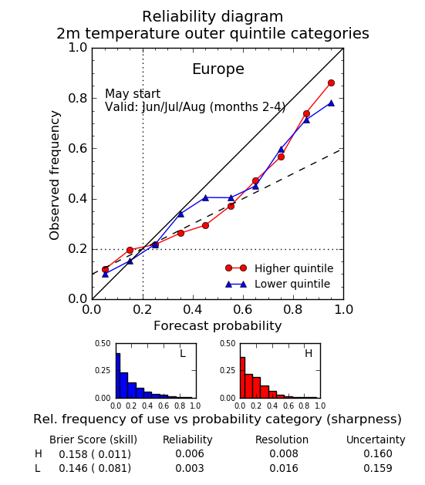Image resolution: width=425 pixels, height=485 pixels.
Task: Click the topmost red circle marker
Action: point(331,83)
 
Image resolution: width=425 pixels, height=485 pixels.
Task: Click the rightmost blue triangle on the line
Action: point(331,103)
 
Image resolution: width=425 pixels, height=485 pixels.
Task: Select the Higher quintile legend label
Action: point(294,268)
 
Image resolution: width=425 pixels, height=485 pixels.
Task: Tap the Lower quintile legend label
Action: point(292,284)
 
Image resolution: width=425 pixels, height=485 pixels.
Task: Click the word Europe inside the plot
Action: point(218,69)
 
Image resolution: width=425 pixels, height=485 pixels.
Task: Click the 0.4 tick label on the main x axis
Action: point(193,309)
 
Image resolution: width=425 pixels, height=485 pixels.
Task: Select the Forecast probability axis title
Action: point(218,326)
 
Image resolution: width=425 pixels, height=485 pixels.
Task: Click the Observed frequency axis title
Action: point(55,175)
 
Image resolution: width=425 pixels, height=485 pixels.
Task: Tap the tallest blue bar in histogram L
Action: point(118,376)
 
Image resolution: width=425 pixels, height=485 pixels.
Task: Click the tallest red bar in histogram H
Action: point(242,378)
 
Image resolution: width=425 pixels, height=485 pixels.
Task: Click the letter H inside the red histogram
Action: point(309,353)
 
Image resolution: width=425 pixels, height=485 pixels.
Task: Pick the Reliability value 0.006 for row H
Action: point(190,453)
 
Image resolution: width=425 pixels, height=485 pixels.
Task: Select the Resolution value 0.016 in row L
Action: point(284,468)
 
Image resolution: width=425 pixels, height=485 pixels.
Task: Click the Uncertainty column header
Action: point(376,440)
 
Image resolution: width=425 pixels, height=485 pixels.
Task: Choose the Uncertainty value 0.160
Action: point(378,453)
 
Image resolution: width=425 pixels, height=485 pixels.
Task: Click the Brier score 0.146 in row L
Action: point(73,468)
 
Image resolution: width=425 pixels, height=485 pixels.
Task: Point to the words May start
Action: point(133,94)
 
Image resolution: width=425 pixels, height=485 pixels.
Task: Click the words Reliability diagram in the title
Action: point(213,17)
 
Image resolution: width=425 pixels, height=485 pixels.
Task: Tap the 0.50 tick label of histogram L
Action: point(103,344)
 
